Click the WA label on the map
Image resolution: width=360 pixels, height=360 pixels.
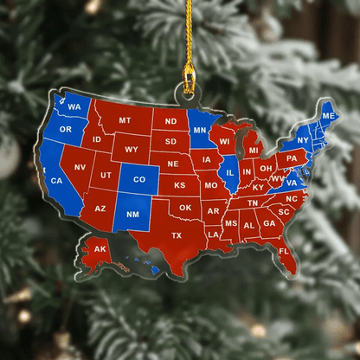pyautogui.click(x=74, y=106)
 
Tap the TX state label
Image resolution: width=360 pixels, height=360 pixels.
pyautogui.click(x=177, y=235)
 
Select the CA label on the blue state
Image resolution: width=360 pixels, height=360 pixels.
pyautogui.click(x=57, y=180)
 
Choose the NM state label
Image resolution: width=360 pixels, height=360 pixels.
pyautogui.click(x=132, y=215)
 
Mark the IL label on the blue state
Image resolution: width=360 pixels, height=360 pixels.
pyautogui.click(x=230, y=171)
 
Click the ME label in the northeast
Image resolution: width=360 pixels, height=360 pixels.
pyautogui.click(x=329, y=115)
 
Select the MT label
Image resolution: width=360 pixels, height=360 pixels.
pyautogui.click(x=125, y=120)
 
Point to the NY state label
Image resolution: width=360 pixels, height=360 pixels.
pyautogui.click(x=303, y=139)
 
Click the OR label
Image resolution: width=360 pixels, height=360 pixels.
pyautogui.click(x=65, y=131)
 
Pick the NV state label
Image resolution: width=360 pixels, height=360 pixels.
pyautogui.click(x=79, y=167)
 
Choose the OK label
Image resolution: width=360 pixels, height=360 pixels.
pyautogui.click(x=185, y=207)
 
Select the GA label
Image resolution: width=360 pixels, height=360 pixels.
pyautogui.click(x=269, y=223)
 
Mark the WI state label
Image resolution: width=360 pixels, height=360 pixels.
pyautogui.click(x=225, y=140)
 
